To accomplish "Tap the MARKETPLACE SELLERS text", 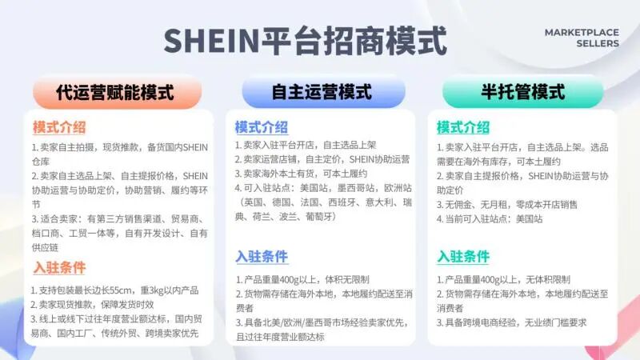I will tap(582, 38).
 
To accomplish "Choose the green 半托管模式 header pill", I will tap(523, 92).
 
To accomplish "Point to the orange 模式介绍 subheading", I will tap(59, 127).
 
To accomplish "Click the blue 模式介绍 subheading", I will tap(261, 127).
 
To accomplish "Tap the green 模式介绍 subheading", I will tap(463, 127).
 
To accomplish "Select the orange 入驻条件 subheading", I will tap(59, 267).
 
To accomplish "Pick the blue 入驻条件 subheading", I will tap(261, 257).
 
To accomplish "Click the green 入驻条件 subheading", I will tap(463, 257).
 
